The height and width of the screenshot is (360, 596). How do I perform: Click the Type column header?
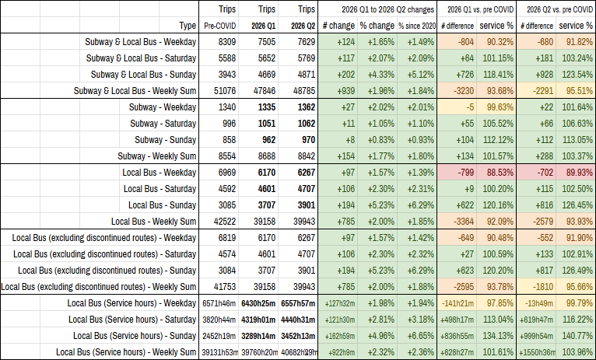(188, 26)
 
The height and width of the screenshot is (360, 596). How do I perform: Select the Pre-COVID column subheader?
(220, 26)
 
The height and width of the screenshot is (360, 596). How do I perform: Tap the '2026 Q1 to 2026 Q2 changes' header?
(387, 9)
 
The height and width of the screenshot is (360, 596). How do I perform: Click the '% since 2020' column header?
(417, 26)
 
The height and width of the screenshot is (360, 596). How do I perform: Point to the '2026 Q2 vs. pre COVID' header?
(559, 9)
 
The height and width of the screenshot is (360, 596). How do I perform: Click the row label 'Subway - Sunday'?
(166, 140)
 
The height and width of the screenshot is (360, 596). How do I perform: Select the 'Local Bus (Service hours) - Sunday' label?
(135, 336)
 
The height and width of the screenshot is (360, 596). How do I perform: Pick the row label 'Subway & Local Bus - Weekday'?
(141, 42)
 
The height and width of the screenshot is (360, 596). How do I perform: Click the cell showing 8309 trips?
(227, 42)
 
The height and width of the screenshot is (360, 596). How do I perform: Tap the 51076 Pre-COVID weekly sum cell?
(225, 91)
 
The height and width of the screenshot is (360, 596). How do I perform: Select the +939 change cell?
(345, 91)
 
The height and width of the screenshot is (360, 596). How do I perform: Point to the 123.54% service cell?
(578, 75)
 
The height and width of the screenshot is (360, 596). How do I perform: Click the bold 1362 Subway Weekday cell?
(307, 107)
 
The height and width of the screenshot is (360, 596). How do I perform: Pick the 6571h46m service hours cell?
(219, 303)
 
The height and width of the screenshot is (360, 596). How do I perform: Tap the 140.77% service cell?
(578, 336)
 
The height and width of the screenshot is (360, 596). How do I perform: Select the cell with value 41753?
(225, 287)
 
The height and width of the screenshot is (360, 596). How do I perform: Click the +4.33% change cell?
(380, 75)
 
